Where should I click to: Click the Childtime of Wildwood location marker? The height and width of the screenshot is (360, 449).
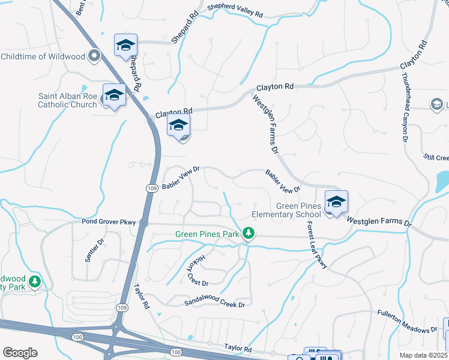point(94,56)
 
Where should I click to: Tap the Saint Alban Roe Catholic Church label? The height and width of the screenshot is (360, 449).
point(67,100)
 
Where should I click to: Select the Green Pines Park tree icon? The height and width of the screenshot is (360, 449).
point(247,233)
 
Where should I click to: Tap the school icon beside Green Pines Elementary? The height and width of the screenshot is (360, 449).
point(336,202)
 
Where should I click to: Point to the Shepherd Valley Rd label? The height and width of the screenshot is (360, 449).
point(235,10)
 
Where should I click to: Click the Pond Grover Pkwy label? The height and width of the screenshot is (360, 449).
point(109,222)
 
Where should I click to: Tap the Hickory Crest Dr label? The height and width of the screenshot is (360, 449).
point(197,270)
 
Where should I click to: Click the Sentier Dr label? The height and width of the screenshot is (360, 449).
point(95,250)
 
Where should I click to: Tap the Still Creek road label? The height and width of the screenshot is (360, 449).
point(436,158)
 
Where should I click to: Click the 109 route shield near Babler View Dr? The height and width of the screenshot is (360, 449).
point(152,188)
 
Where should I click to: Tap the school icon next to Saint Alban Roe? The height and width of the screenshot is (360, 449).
point(113,95)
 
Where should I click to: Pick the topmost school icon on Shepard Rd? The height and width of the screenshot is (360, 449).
point(126,45)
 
